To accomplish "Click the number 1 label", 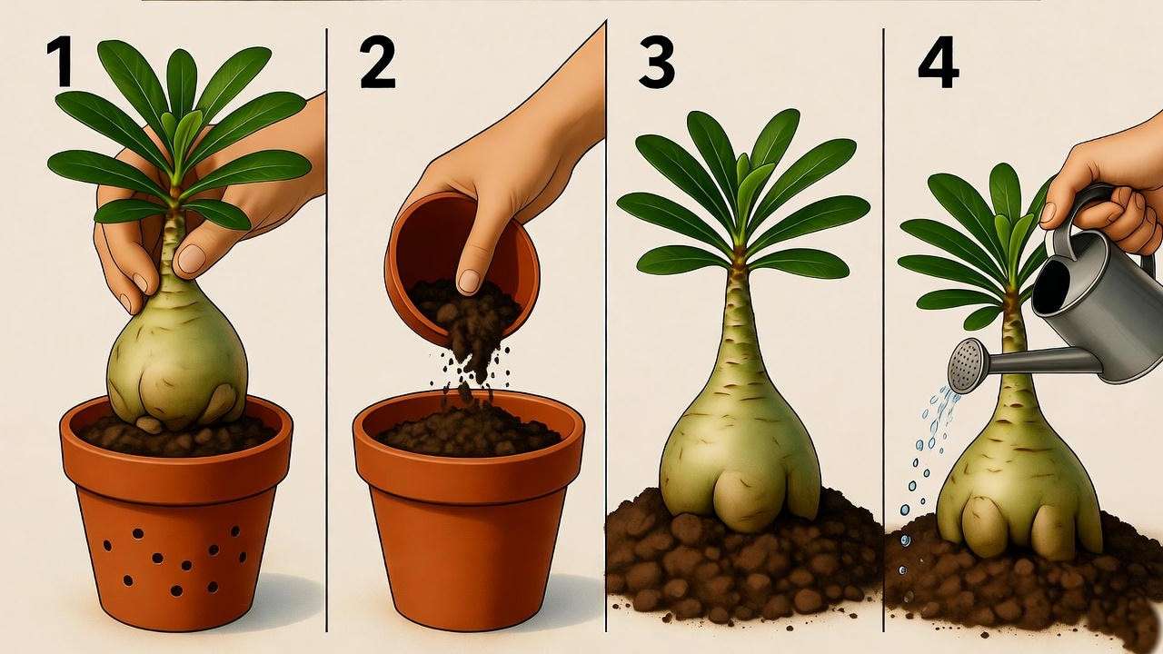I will pos(60,63).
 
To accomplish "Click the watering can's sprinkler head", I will pos(966,365).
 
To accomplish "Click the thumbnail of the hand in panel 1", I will pos(192,259).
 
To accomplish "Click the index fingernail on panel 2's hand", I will pos(469,281).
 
